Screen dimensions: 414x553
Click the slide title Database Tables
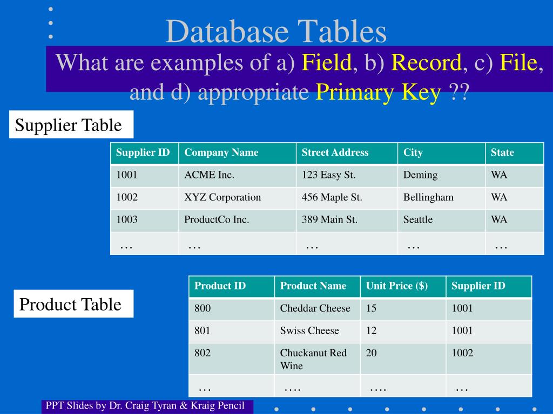pos(276,31)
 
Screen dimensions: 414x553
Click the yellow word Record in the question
pos(426,63)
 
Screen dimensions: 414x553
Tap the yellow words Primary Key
pos(378,93)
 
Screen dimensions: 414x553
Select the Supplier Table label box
pos(71,125)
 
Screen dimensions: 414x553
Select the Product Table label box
pos(73,304)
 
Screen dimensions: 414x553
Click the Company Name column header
pos(237,153)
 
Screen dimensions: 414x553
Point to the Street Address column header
pos(347,153)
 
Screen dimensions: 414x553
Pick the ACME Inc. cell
pos(237,175)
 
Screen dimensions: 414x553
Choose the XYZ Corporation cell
pos(237,197)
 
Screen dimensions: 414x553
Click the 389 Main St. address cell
pos(347,219)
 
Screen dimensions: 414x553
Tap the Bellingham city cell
pos(441,197)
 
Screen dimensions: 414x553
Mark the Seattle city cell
pos(441,219)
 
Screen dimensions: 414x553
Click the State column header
pos(514,153)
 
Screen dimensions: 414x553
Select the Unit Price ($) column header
pos(403,286)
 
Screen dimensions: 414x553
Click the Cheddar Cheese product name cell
pos(317,308)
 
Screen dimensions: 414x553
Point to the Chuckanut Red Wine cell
pos(317,359)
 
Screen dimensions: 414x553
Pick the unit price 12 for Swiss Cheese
pos(403,331)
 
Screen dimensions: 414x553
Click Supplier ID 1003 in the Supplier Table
pos(144,219)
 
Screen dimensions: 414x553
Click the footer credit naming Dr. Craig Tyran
pos(146,406)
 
